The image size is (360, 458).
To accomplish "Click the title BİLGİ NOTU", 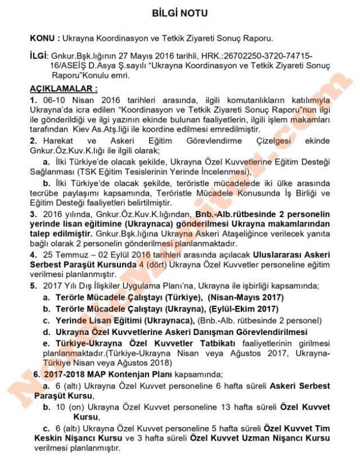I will pyautogui.click(x=180, y=12).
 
